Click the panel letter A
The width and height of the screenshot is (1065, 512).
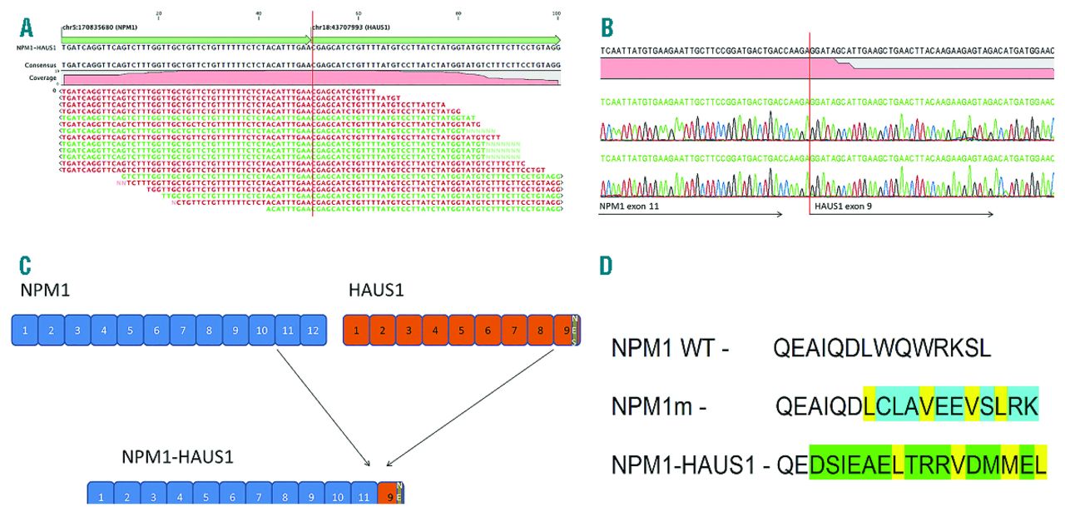(27, 27)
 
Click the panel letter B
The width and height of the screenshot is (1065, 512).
(607, 28)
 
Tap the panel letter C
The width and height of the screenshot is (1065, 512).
(27, 266)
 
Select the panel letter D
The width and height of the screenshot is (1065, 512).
(607, 267)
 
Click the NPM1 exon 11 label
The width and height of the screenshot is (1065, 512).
(630, 204)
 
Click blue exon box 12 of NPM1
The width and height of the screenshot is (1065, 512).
(312, 331)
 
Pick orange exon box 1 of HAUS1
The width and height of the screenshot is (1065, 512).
(356, 331)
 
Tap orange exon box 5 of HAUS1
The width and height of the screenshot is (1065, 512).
(461, 331)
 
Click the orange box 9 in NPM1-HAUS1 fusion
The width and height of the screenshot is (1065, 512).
(389, 496)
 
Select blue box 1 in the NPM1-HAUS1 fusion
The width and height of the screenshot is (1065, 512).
(101, 496)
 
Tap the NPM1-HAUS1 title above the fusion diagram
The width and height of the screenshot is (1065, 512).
(177, 457)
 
